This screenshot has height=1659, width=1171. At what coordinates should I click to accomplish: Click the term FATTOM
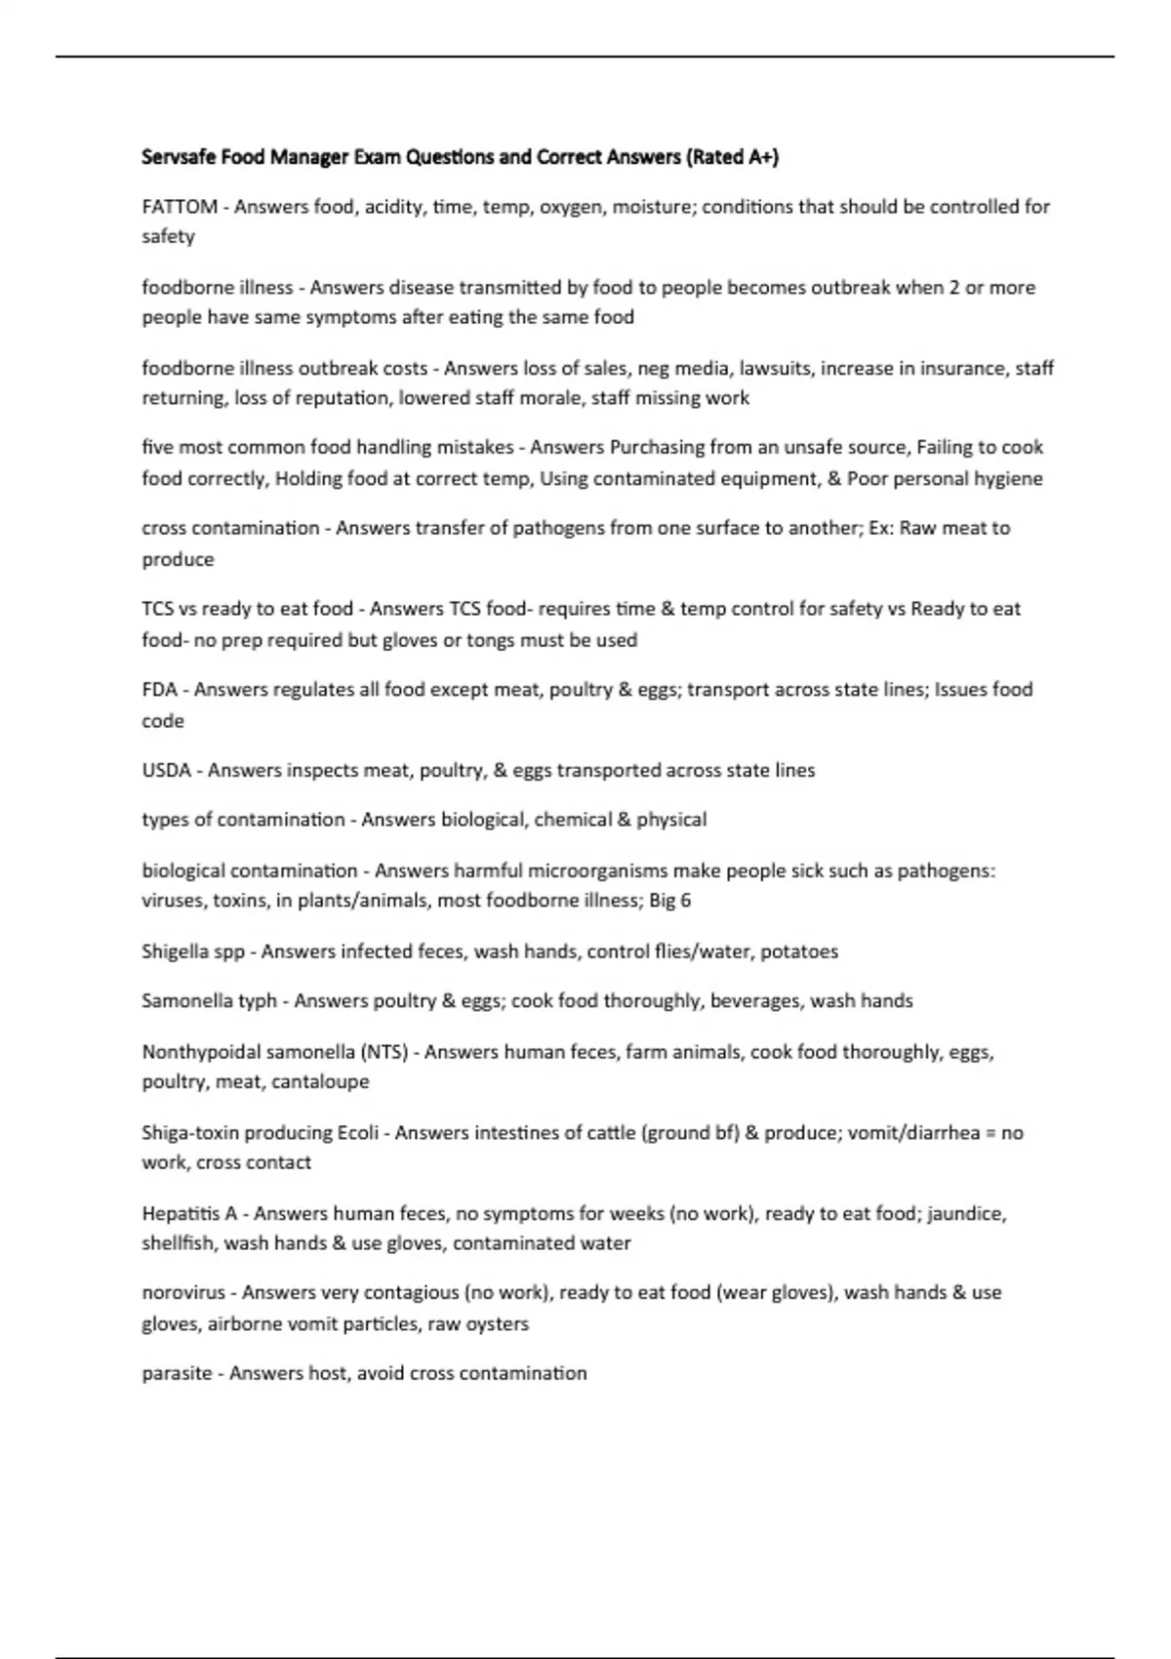(x=180, y=207)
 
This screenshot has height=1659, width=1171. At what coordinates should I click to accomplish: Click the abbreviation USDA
(x=166, y=770)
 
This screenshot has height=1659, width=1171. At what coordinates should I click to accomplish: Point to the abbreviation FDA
(x=159, y=690)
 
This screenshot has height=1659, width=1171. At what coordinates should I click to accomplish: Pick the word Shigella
(x=176, y=951)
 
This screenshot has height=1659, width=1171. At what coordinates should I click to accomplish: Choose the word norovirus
(x=183, y=1293)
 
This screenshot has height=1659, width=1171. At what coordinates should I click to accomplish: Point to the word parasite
(x=177, y=1374)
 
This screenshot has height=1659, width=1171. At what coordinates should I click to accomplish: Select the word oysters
(x=498, y=1324)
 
